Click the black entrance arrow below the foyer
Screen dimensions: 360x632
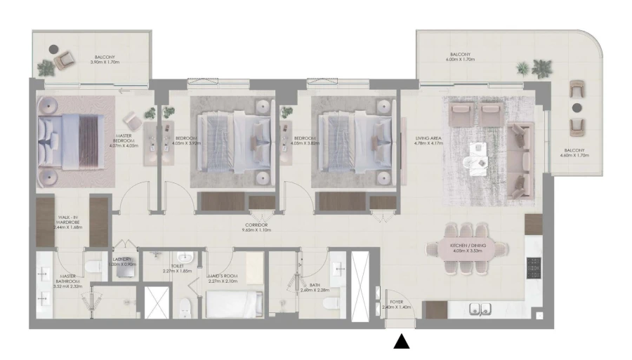[401, 342]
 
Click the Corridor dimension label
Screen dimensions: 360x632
[256, 227]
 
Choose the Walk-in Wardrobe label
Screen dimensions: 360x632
[69, 223]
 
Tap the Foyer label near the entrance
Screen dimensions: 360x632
[397, 305]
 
